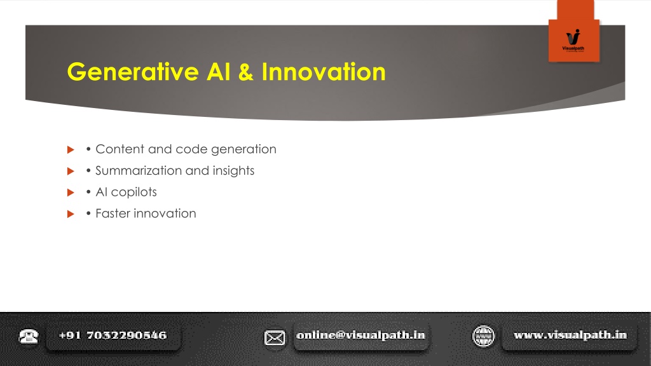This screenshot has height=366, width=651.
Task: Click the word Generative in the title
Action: tap(133, 72)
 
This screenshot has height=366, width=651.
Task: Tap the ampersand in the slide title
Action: tap(246, 72)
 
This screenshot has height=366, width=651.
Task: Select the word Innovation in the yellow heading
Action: tap(324, 72)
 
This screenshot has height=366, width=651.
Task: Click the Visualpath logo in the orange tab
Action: tap(573, 40)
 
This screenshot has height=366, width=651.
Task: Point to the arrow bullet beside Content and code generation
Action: tap(71, 149)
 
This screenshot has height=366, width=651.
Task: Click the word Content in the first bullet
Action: tap(120, 149)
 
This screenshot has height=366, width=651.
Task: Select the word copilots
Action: tap(134, 193)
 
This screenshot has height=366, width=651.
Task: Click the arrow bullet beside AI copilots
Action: tap(71, 193)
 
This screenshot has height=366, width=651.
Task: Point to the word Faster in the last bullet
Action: tap(113, 213)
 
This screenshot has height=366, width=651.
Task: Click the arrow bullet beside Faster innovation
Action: tap(71, 214)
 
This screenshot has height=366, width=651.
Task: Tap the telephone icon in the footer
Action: tap(28, 336)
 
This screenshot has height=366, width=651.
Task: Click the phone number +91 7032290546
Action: tap(113, 335)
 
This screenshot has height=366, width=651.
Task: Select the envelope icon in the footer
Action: tap(275, 338)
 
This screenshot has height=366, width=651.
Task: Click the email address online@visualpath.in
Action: tap(361, 335)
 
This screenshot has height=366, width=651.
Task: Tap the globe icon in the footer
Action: tap(483, 336)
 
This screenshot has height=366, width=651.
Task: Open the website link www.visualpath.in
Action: tap(570, 335)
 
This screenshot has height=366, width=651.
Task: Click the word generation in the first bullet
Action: tap(243, 149)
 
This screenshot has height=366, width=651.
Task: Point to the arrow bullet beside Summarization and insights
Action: tap(71, 171)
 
